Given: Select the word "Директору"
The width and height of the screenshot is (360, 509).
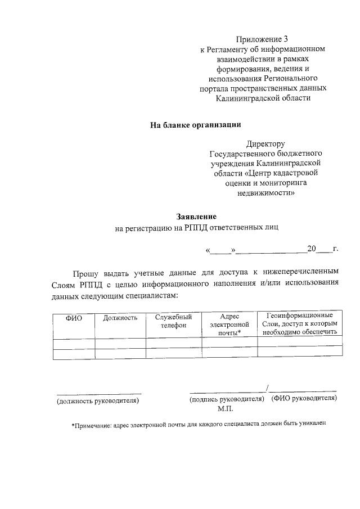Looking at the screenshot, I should tap(266, 143).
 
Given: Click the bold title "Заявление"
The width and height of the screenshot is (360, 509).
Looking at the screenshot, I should tap(196, 216).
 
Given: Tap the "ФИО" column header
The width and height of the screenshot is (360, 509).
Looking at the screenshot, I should tap(74, 318).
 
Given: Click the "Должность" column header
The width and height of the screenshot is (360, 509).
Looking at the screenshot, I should tap(120, 318).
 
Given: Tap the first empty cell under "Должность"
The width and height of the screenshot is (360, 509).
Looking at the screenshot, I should tap(120, 344).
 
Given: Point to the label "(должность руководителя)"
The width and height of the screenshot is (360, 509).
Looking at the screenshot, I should tap(97, 401).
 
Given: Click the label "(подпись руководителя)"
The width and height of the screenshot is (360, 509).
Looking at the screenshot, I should tap(227, 399).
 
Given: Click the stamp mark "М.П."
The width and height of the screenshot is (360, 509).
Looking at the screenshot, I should tap(218, 409).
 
